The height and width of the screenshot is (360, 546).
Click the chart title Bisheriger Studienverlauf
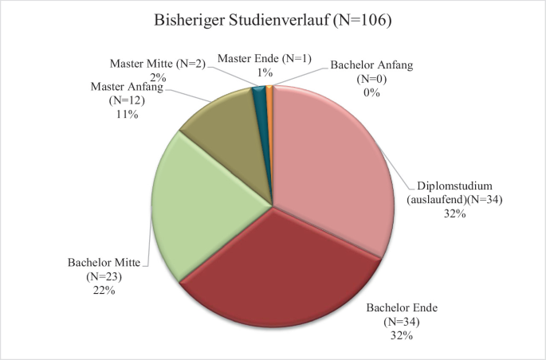pos(242,20)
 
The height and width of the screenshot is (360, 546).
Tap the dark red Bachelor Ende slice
pos(278,272)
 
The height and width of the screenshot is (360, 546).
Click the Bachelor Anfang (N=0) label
pos(371,72)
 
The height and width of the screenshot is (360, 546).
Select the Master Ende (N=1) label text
pos(265,58)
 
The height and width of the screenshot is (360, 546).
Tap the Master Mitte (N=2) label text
pos(158,64)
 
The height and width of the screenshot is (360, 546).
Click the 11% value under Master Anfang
pos(127,114)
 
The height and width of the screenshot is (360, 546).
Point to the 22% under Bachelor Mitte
pos(104,290)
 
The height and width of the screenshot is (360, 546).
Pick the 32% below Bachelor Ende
pos(402,335)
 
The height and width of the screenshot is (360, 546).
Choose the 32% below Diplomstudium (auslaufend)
pos(455,213)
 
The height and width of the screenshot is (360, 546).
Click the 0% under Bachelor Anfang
pos(371,93)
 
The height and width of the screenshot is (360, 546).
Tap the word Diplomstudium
pos(455,186)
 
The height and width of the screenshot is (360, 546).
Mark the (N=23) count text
pos(104,276)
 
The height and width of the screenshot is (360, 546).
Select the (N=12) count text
pos(127,100)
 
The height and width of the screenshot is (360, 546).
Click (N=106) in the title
pos(362,20)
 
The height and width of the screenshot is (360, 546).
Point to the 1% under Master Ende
pos(265,72)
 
